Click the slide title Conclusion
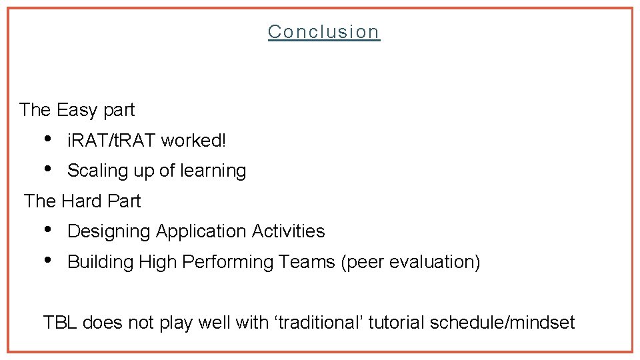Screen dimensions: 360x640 tap(324, 31)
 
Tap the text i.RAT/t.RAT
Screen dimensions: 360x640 tap(111, 141)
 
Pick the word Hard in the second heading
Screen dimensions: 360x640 tap(82, 201)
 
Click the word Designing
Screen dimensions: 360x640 tap(109, 231)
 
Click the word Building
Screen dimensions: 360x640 tap(101, 262)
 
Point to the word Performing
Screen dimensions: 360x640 tap(227, 262)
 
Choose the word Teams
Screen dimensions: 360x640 tap(307, 262)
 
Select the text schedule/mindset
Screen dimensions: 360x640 tap(502, 323)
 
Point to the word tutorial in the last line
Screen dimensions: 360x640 tap(397, 323)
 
